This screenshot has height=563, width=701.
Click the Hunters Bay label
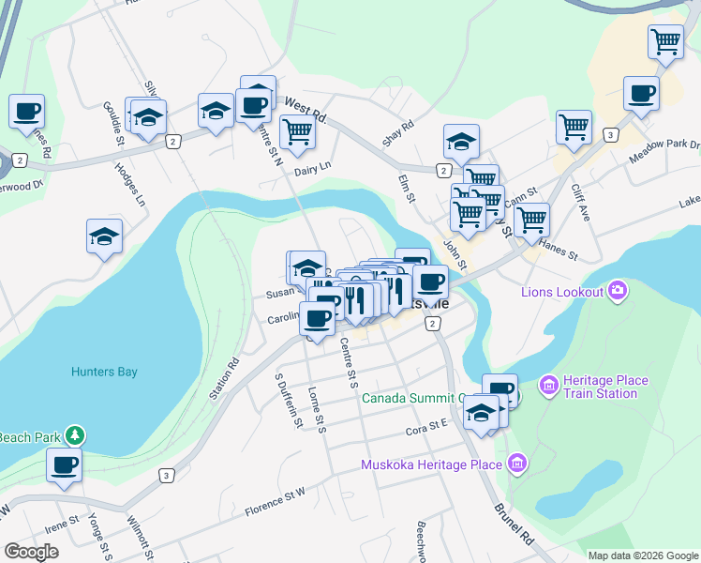pyautogui.click(x=104, y=372)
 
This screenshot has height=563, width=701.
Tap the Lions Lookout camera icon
pyautogui.click(x=618, y=291)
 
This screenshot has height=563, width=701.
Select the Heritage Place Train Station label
pyautogui.click(x=605, y=387)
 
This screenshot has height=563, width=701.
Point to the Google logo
pyautogui.click(x=32, y=552)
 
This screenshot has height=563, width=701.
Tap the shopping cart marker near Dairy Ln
pyautogui.click(x=297, y=132)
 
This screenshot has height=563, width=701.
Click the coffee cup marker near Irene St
pyautogui.click(x=65, y=464)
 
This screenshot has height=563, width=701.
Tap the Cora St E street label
pyautogui.click(x=427, y=432)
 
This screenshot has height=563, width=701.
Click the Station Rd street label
pyautogui.click(x=225, y=375)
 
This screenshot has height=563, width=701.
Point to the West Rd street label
pyautogui.click(x=305, y=109)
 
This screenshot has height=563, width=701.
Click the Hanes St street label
pyautogui.click(x=559, y=248)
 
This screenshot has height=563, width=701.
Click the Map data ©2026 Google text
pyautogui.click(x=643, y=555)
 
